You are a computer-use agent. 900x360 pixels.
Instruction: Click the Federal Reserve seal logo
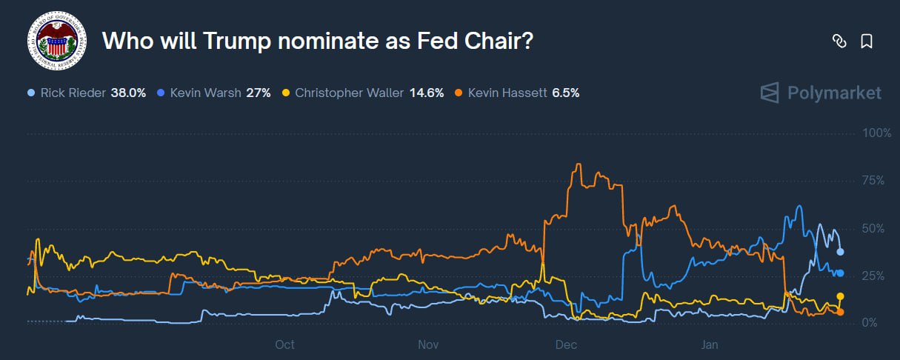coord(56,41)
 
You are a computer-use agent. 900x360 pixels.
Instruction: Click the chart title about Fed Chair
coord(317,41)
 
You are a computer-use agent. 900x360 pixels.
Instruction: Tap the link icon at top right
coord(839,41)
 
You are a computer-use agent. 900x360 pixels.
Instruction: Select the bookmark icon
coord(866,41)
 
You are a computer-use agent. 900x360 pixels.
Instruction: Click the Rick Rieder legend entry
coord(73,93)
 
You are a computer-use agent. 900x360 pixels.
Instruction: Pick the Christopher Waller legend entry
coord(348,93)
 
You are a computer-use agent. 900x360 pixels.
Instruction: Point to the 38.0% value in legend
coord(128,93)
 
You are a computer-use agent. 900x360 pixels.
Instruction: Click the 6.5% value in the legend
coord(566,93)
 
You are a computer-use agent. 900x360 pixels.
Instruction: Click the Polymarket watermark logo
coord(821,93)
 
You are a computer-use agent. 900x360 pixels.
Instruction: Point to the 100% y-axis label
coord(877,133)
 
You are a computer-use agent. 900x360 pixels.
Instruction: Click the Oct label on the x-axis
coord(284,344)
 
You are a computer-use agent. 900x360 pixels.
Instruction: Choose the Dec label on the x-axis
coord(567,344)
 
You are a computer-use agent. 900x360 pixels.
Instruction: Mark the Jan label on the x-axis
coord(710,344)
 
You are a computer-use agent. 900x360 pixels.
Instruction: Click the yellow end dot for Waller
coord(840,296)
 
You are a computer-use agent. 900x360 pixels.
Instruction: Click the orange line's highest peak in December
coord(578,164)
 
